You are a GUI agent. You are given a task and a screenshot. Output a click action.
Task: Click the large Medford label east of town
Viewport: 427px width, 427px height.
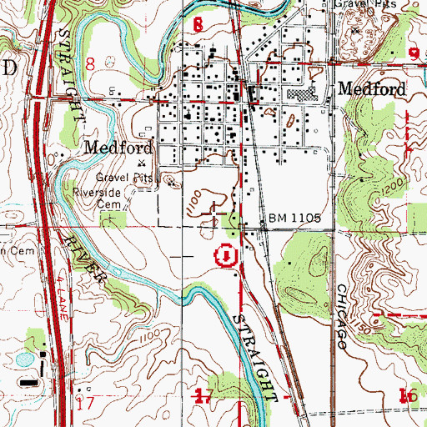tap(371, 88)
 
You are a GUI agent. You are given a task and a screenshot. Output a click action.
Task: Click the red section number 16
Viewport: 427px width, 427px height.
tap(407, 395)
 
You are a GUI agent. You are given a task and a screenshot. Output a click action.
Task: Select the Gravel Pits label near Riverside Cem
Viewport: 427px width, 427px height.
tap(122, 177)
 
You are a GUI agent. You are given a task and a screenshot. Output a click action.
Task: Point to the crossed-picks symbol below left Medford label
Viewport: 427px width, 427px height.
tap(141, 163)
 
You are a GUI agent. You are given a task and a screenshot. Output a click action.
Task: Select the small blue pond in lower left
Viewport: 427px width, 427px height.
tap(19, 360)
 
